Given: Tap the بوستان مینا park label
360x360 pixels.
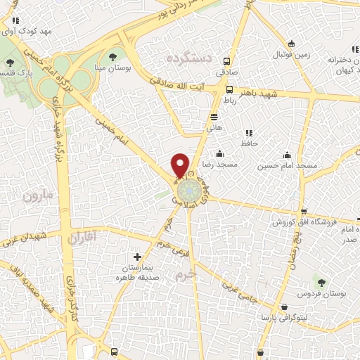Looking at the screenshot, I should [112, 67].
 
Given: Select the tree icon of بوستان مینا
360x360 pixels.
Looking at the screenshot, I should [112, 56].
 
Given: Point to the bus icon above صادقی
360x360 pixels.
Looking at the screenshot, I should [226, 61].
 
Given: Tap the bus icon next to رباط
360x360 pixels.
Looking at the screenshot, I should [230, 89].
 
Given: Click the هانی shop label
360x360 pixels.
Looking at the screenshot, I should [214, 128].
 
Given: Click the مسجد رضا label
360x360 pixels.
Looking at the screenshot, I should [218, 164].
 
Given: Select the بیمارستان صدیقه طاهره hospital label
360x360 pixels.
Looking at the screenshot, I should [138, 273].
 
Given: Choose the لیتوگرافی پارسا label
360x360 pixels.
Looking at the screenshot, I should [284, 319].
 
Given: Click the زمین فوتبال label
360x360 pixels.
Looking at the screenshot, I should [290, 53].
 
